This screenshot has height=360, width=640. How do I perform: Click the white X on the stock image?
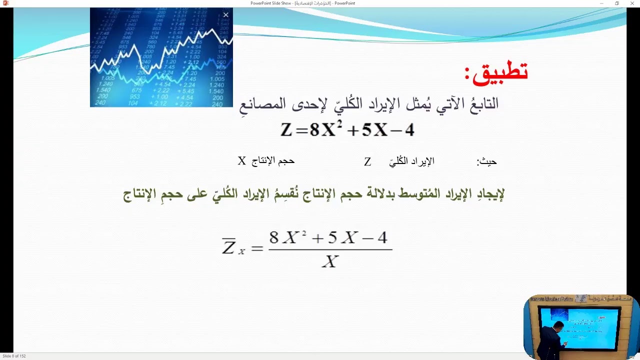point(225,15)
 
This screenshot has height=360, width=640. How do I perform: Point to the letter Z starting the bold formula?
point(286,130)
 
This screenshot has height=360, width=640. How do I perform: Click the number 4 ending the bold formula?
point(409,130)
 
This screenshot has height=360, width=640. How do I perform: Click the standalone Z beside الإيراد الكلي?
point(367,162)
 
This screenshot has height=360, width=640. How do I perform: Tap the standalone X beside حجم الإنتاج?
point(242,161)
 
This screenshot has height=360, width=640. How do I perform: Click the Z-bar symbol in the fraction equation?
point(229,246)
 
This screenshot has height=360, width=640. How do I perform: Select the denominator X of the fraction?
point(330,261)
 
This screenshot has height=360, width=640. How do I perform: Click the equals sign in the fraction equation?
point(257,247)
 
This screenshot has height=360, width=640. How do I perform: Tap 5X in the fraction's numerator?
point(341,237)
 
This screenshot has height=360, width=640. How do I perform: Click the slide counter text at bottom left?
point(14,356)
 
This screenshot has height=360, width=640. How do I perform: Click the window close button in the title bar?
point(632,3)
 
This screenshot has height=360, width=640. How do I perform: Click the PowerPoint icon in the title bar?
point(5,3)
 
